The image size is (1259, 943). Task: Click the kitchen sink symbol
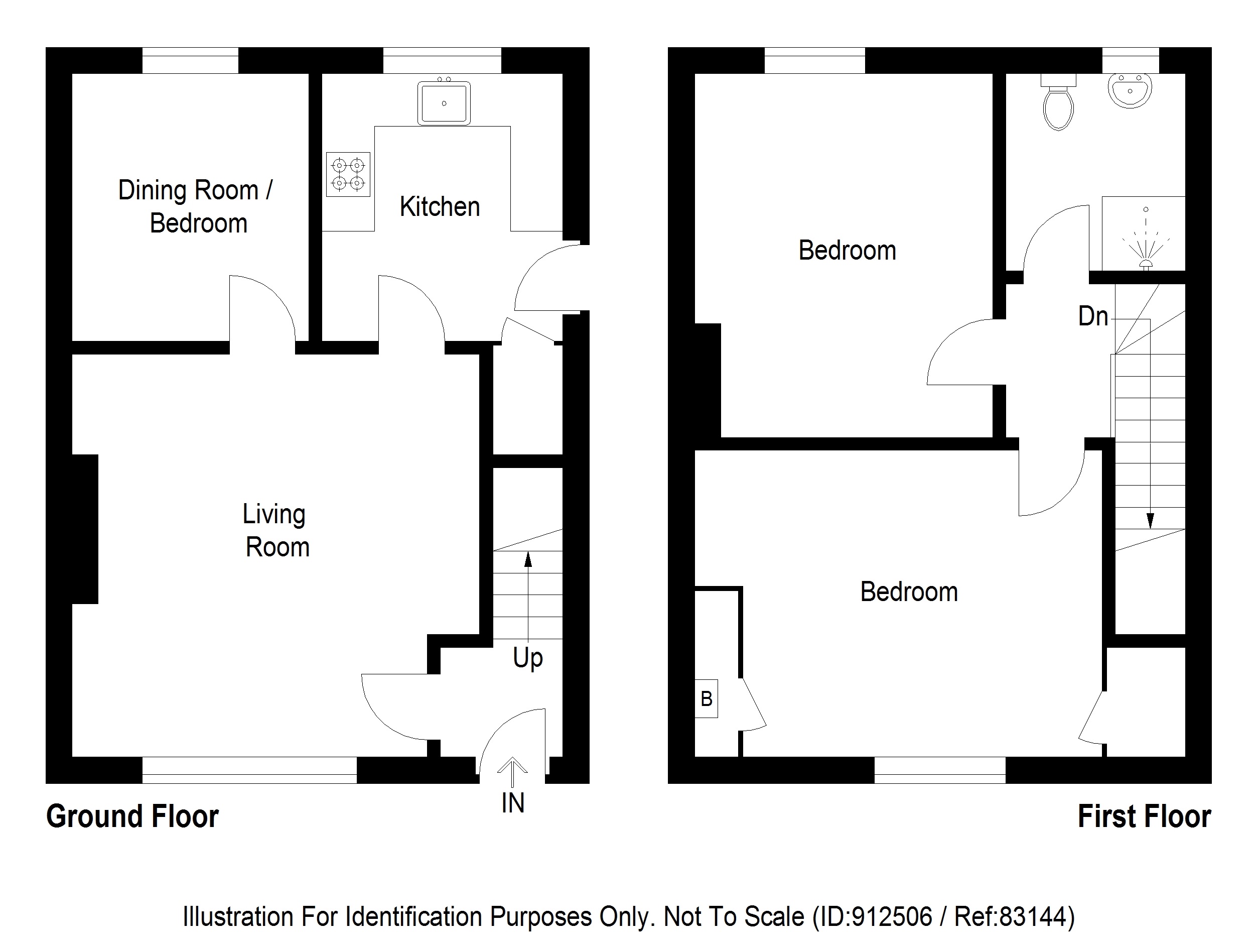click(444, 103)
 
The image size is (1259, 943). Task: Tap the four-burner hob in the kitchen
click(348, 174)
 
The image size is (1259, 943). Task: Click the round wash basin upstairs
click(1130, 90)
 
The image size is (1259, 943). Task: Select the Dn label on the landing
click(1093, 317)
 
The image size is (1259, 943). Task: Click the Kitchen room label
click(440, 207)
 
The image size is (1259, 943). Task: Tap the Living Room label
click(275, 531)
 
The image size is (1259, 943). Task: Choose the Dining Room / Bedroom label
click(196, 206)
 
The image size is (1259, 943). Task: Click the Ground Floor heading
click(132, 816)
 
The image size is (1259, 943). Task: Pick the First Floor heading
click(1144, 816)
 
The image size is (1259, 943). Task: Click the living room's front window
click(249, 770)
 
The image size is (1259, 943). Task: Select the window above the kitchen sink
click(442, 60)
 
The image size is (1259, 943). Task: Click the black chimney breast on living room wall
click(85, 528)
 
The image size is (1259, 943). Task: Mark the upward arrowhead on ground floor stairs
click(527, 559)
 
